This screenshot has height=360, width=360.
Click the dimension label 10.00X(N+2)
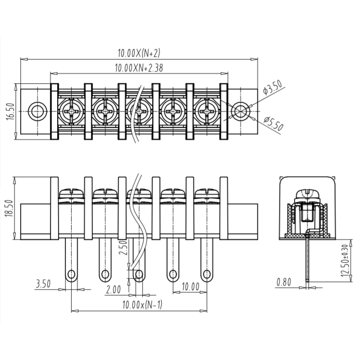pos(139,53)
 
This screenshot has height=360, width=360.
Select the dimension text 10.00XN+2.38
pos(139,68)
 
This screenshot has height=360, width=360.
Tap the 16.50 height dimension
pos(10,111)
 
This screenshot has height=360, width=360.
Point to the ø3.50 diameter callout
pos(273,86)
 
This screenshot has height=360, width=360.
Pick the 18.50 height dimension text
pos(10,208)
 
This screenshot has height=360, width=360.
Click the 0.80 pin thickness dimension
pos(284,282)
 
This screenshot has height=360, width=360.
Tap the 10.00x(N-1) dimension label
pos(142,305)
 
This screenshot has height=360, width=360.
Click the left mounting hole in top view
pos(37,111)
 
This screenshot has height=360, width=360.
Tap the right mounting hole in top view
pos(241,111)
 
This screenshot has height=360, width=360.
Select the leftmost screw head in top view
pos(71,110)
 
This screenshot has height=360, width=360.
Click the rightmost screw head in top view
pos(207,110)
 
